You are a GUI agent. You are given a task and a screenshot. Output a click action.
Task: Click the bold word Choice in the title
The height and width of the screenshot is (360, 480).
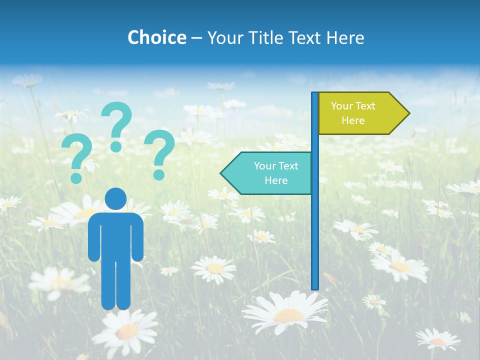coord(156,37)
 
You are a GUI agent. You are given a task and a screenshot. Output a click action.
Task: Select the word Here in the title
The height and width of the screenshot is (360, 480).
coord(345,37)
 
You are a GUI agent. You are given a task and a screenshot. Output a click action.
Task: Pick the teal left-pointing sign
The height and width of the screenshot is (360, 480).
coord(270,173)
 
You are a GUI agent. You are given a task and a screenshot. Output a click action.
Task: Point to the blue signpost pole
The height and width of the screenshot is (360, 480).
coord(315,225)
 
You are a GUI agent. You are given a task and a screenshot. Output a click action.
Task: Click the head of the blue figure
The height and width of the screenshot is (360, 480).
coord(115,198)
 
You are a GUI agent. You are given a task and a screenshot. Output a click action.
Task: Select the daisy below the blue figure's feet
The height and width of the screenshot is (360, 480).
coord(125,329)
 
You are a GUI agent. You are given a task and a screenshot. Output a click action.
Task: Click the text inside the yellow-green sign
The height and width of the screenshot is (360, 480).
coord(353,113)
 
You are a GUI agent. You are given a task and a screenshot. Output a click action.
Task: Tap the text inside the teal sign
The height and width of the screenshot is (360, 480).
coord(276,173)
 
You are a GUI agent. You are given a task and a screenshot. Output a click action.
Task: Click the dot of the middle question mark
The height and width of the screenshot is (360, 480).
coord(116,146)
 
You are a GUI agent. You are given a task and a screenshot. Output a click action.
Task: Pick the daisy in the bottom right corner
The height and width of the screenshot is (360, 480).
coord(438,340)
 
